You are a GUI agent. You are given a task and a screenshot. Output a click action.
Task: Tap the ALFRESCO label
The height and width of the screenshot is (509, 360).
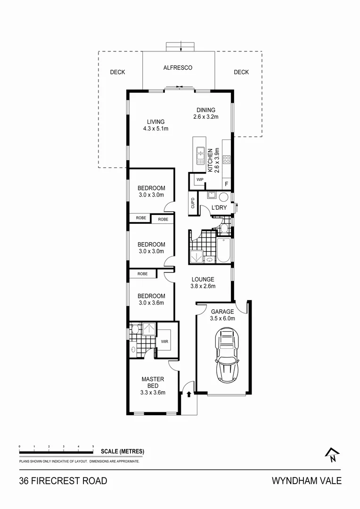tap(178, 68)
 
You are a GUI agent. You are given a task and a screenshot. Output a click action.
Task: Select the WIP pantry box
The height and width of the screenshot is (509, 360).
tap(199, 180)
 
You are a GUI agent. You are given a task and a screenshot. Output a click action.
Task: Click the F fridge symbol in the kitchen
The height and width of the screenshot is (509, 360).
tap(227, 183)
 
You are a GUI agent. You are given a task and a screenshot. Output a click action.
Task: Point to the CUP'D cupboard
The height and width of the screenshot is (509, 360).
tap(193, 204)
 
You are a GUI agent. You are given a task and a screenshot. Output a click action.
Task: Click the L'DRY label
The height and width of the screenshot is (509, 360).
tap(219, 208)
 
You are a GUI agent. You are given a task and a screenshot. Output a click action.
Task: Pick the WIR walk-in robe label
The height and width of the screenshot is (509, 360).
tap(165, 341)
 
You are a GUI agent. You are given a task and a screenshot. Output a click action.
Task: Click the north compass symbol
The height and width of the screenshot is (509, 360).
tap(332, 454)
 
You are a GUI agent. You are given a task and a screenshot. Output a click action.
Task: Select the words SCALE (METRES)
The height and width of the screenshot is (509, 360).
tap(123, 452)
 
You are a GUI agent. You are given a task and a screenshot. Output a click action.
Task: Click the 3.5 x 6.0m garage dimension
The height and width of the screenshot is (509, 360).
tap(222, 319)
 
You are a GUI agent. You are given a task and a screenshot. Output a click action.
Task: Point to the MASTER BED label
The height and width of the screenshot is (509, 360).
tap(153, 382)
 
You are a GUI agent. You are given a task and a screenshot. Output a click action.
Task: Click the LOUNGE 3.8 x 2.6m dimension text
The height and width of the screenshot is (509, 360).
tap(203, 286)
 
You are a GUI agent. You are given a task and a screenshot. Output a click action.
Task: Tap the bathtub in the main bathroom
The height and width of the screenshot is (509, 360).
tap(224, 251)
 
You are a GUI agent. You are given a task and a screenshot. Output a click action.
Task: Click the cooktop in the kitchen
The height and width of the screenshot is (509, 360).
tap(227, 159)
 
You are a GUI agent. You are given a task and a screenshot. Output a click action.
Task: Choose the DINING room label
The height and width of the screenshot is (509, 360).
tap(206, 110)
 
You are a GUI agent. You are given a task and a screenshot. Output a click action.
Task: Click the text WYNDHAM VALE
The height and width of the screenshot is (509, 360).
tap(306, 481)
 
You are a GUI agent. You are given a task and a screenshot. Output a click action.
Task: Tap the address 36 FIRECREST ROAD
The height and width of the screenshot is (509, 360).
tap(63, 481)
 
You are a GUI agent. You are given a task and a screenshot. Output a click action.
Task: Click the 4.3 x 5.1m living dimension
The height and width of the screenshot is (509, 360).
tap(156, 128)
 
